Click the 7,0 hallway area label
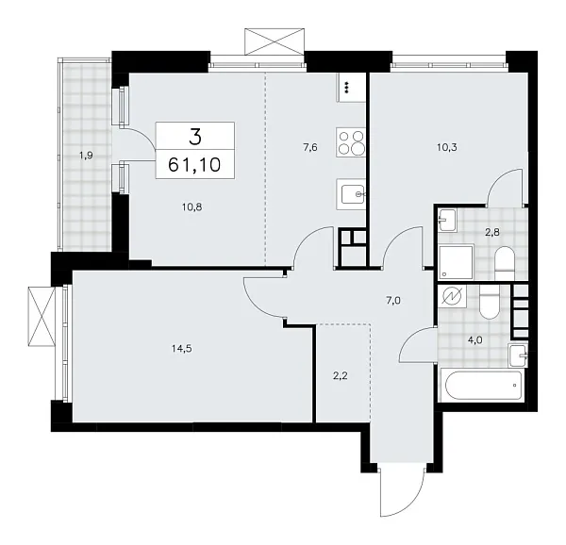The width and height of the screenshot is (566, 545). [393, 301]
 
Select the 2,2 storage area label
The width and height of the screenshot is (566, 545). [341, 375]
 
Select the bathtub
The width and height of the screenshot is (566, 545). [480, 384]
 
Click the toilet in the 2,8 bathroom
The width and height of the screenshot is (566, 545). [502, 259]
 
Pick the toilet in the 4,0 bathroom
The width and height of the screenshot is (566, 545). [489, 304]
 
